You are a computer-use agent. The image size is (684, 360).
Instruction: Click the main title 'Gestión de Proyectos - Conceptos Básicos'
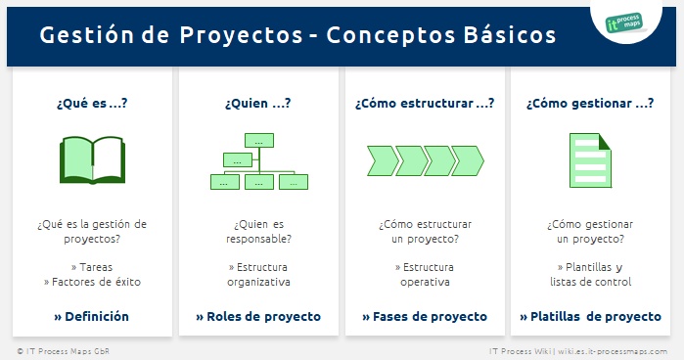coord(298,35)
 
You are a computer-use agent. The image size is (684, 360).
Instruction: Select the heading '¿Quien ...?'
coord(258,102)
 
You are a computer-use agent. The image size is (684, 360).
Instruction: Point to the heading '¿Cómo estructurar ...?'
coord(424,102)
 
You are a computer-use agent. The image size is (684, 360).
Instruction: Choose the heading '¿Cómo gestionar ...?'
coord(590,102)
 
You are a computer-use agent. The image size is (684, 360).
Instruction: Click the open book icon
coord(92,160)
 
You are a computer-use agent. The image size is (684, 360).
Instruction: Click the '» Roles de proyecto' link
coord(258,316)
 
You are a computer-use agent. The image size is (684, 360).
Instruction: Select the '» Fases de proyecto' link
coord(424,316)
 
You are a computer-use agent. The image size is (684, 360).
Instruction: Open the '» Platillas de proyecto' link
coord(590,316)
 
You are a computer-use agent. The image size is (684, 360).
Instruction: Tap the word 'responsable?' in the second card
coord(258,239)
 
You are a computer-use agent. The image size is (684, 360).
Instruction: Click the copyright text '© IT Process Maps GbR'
coord(58,349)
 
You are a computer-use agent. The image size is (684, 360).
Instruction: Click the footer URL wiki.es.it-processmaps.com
coord(613,349)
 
